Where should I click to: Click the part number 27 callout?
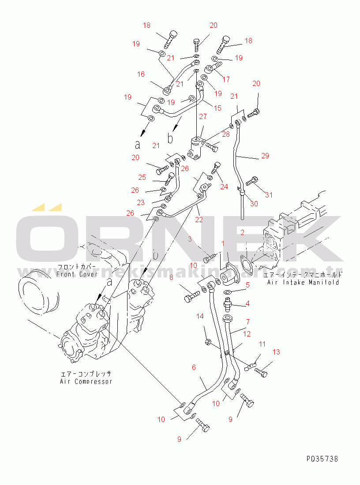coord(202,116)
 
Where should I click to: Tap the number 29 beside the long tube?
coord(265,156)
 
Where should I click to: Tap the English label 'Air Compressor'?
coord(86,381)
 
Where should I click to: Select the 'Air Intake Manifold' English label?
coord(303,282)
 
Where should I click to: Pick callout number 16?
coord(141,75)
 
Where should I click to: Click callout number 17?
coord(226,79)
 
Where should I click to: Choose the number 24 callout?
coord(224,187)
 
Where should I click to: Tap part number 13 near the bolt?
coord(276,352)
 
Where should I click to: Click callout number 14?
coord(200,316)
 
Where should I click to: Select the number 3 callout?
coord(189,239)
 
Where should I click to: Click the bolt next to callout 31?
coord(253,181)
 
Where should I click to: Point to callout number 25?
coord(142,177)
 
